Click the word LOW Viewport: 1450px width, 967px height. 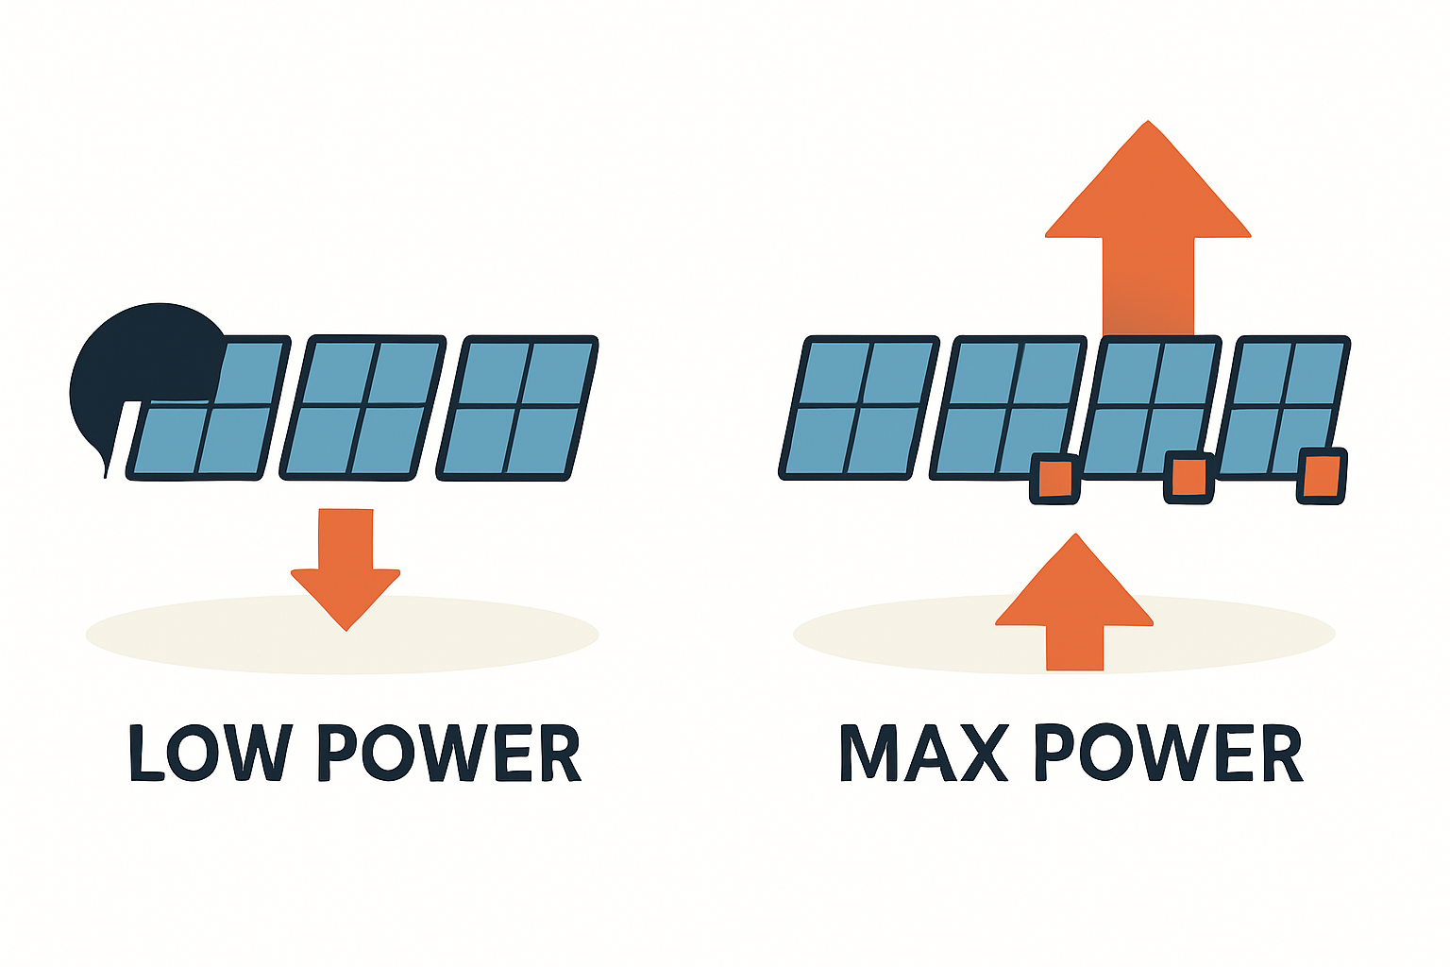[211, 753]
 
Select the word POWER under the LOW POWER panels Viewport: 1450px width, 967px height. [447, 753]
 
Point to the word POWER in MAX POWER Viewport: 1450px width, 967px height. [1168, 753]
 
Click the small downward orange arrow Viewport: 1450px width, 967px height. [346, 567]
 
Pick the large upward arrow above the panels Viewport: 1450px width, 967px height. [1148, 227]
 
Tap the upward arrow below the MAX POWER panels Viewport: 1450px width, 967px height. [1074, 604]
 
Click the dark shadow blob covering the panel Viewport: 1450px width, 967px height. [142, 368]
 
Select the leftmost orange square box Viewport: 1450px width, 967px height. [1054, 479]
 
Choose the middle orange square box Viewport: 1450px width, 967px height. [1189, 477]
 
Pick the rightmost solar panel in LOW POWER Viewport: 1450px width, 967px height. [518, 407]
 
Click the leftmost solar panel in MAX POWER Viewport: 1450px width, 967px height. [859, 407]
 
